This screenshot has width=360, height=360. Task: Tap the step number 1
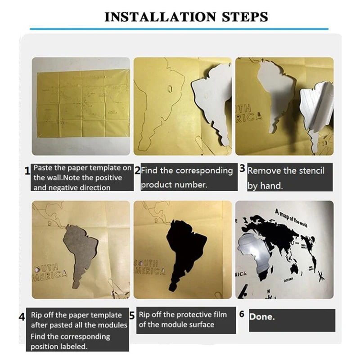27,170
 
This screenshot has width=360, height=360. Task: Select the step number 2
137,171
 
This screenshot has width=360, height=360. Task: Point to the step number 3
242,169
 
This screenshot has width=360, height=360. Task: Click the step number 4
22,317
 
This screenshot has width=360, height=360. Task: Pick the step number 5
132,315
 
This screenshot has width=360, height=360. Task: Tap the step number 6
242,314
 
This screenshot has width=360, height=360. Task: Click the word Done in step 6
261,316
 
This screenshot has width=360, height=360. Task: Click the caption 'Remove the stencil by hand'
285,178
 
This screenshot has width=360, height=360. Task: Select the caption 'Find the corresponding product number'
186,177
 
